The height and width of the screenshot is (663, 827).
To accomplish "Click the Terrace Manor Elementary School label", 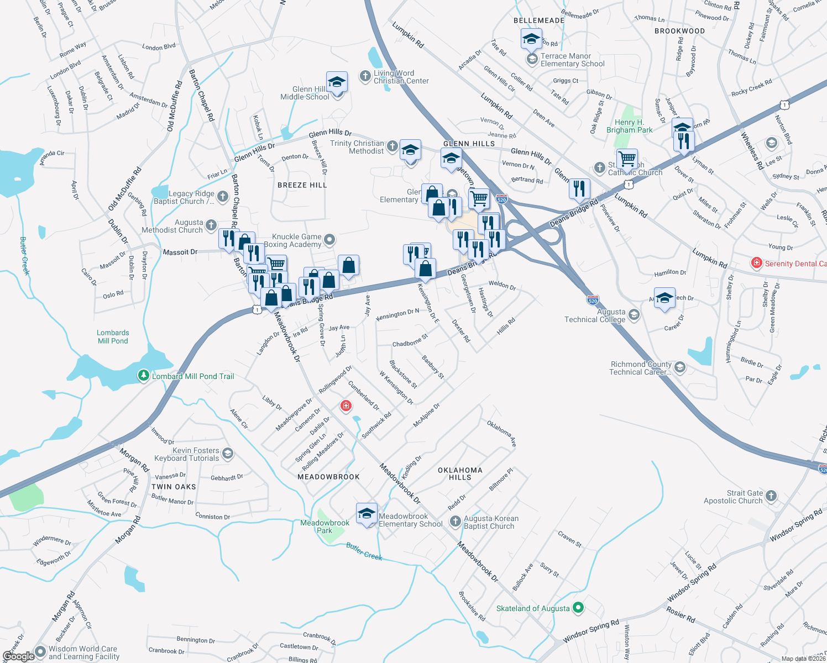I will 572,60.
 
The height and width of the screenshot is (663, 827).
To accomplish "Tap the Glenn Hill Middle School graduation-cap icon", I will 337,83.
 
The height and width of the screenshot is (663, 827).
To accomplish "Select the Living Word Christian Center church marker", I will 365,76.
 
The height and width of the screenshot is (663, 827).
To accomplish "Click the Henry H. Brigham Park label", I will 629,126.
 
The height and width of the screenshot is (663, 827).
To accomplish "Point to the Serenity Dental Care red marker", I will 757,264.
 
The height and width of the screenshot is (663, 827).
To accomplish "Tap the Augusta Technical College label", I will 595,315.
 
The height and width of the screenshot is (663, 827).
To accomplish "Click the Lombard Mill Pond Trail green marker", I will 144,376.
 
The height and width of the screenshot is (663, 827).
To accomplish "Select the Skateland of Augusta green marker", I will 578,608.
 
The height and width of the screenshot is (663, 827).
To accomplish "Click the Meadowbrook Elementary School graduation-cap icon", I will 367,514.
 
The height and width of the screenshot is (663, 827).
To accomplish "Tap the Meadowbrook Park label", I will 325,526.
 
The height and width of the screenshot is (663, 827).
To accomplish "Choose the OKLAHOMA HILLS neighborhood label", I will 460,473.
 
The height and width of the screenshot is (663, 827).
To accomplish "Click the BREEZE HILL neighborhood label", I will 302,185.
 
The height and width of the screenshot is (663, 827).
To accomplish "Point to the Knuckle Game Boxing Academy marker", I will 329,239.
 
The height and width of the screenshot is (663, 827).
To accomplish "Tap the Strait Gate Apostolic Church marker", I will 772,496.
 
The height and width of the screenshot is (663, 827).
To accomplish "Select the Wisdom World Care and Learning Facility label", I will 83,653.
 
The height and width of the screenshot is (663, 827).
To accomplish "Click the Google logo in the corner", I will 19,656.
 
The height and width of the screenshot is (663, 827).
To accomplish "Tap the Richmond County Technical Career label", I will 640,368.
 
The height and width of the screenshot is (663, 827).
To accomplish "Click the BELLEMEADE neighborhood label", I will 539,20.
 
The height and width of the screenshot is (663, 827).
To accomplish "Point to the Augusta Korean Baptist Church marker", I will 455,521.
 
